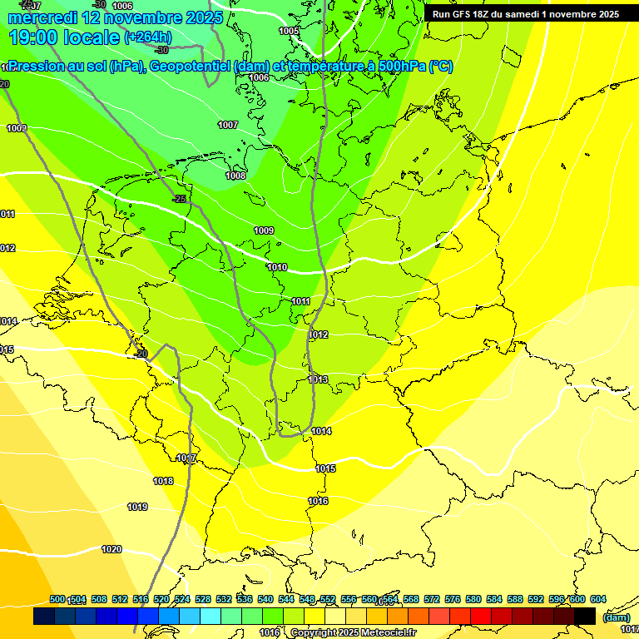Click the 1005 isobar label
tap(289, 31)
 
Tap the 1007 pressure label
tap(228, 125)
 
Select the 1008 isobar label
tap(235, 176)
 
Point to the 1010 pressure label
tap(277, 267)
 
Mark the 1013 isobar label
tap(318, 379)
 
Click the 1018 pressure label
tap(163, 481)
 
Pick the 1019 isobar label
tap(137, 507)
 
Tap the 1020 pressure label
tap(111, 549)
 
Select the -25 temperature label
tap(179, 199)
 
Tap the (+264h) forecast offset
tap(148, 37)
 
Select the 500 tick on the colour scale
tap(57, 599)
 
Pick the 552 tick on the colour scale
tap(328, 599)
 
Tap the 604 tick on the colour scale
tap(597, 599)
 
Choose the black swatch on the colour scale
tap(585, 616)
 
